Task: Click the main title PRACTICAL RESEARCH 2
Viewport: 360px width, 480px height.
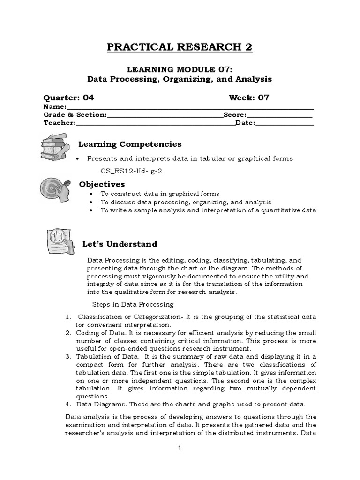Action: (180, 47)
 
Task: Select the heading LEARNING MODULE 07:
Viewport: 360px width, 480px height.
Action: (180, 69)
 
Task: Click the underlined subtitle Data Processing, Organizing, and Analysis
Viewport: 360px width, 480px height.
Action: (180, 79)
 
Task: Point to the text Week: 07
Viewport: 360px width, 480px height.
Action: (249, 98)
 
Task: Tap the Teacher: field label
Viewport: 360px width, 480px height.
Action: (60, 123)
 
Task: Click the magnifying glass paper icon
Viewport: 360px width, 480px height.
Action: (60, 240)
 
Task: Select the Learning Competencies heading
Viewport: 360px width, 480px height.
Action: (129, 144)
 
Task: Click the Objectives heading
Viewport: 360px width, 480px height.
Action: (102, 184)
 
